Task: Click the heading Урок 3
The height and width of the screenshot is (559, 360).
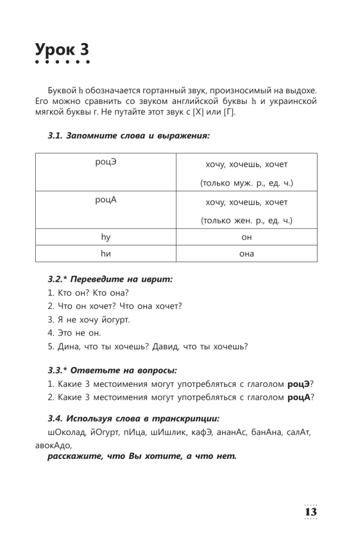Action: click(x=61, y=49)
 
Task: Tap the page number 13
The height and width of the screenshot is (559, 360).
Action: click(x=310, y=511)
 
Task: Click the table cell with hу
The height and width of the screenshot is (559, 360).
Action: click(x=106, y=237)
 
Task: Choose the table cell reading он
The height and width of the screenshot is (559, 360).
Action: click(x=247, y=237)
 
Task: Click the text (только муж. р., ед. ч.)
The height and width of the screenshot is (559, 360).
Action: click(x=247, y=183)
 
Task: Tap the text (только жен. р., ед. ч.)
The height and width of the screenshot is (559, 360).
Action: click(x=247, y=221)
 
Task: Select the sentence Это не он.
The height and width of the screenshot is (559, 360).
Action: click(x=74, y=333)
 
